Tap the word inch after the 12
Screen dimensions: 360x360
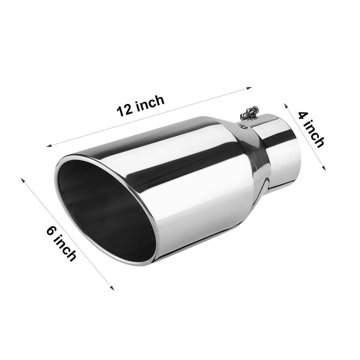tap(150, 102)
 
